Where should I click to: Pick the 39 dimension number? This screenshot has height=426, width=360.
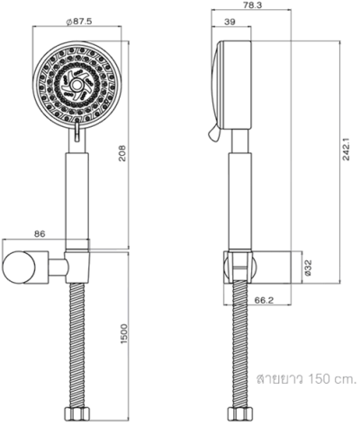[229, 23]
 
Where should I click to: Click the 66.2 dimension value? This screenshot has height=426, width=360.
[263, 301]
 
